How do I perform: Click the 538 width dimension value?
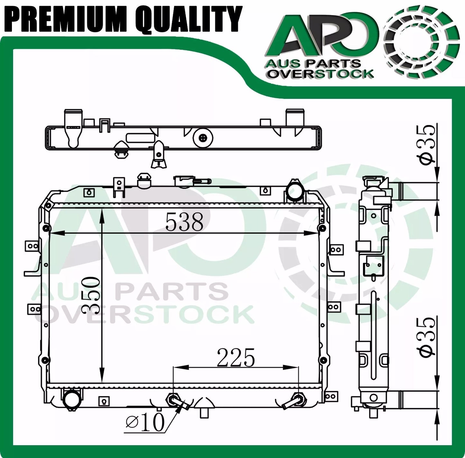point(184,222)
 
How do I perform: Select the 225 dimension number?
point(236,358)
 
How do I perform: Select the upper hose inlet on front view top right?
point(294,194)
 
